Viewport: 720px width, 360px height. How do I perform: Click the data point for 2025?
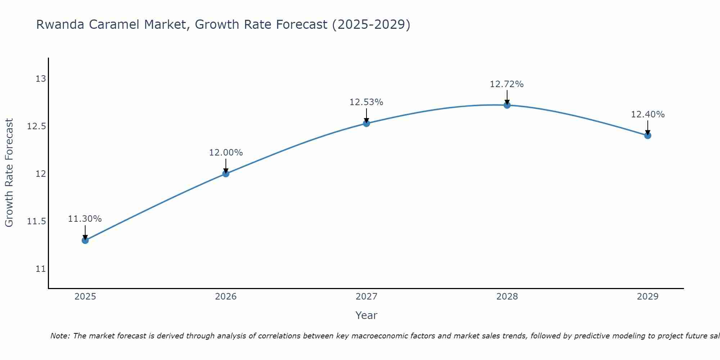[x=85, y=240]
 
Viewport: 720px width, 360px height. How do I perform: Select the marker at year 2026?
[x=226, y=174]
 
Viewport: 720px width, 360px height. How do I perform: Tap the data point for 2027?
[x=366, y=123]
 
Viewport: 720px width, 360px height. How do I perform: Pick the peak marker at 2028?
[x=507, y=105]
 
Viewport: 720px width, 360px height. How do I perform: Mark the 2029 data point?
[x=648, y=135]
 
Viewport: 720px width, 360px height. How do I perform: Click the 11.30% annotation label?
[x=85, y=219]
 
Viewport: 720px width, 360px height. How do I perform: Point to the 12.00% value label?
[x=226, y=153]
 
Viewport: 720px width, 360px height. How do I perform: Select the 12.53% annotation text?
[x=366, y=102]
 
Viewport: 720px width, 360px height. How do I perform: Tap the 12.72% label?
[x=507, y=84]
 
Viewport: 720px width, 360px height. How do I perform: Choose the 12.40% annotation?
[x=648, y=114]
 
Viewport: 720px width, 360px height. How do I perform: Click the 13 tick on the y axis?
[x=41, y=78]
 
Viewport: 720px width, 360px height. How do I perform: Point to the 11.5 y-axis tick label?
[x=37, y=221]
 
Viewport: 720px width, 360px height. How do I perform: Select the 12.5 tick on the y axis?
[x=37, y=126]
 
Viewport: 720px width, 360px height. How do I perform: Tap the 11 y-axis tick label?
[x=41, y=269]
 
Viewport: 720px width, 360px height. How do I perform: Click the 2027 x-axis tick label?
[x=366, y=297]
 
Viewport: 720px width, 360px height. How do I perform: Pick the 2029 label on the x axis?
[x=648, y=297]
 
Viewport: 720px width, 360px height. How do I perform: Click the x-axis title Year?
[x=366, y=315]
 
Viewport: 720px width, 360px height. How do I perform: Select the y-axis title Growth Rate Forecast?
[x=9, y=173]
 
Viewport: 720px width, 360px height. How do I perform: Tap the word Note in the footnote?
[x=59, y=336]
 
